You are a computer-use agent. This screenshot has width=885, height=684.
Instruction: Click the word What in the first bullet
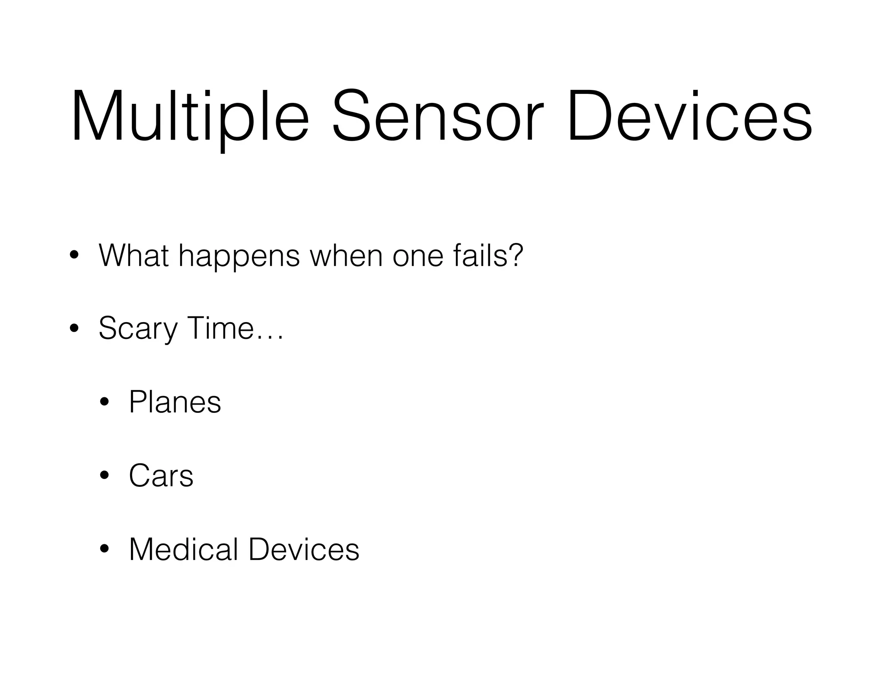[x=134, y=256]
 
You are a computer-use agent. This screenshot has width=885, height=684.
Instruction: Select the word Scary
[x=138, y=329]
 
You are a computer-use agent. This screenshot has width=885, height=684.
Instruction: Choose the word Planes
[x=175, y=402]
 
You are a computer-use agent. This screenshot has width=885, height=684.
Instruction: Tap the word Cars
[x=161, y=476]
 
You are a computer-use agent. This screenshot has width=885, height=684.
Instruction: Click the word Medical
[x=184, y=549]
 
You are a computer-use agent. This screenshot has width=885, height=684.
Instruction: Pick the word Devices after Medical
[x=304, y=549]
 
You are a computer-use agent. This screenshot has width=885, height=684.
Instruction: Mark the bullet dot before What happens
[x=74, y=255]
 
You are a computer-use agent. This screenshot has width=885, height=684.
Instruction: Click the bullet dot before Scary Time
[x=74, y=328]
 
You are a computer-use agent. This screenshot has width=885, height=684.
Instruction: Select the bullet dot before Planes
[x=104, y=402]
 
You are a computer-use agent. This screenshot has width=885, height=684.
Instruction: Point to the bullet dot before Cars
[x=104, y=476]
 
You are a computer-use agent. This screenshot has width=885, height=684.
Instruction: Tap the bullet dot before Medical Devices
[x=104, y=549]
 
